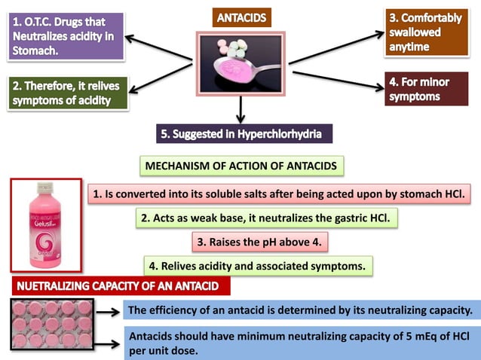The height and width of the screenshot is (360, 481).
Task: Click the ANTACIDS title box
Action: point(240,16)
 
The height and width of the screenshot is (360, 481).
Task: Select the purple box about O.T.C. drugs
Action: point(66,35)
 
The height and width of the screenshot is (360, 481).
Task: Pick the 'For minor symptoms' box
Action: point(427,88)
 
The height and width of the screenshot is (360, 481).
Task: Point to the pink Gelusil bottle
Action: point(45,225)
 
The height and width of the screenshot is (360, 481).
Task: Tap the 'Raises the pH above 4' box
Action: point(263,243)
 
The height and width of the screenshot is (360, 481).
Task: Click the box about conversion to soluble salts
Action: point(279,193)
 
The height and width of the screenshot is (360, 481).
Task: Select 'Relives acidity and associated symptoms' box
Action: point(258,265)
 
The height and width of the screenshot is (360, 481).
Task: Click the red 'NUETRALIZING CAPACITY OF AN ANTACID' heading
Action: point(124,287)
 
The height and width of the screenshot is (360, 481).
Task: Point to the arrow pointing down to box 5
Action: point(240,111)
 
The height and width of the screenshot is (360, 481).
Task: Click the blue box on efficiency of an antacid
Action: point(300,310)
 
